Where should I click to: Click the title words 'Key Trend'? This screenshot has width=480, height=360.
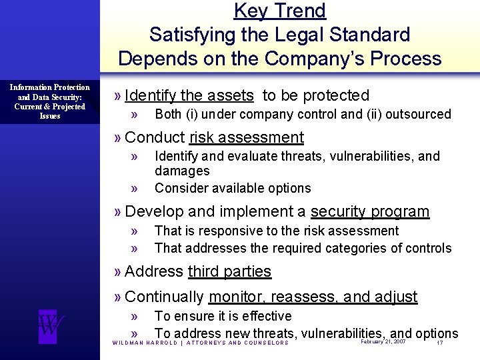280,11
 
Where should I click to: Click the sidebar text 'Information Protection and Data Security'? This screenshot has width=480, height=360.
50,92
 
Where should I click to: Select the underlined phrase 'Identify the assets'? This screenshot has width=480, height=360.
189,95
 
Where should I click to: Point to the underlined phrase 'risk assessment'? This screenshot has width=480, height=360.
247,138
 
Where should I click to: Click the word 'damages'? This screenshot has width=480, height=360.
182,171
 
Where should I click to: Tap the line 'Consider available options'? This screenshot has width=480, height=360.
233,188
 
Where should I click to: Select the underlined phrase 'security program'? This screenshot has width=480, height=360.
370,212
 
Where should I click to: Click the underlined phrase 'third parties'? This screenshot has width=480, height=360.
229,271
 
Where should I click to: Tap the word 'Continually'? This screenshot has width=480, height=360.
164,297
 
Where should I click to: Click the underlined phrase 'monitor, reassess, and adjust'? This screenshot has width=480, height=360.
313,297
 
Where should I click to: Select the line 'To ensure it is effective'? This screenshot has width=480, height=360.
223,316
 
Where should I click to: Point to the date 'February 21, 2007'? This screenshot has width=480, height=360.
383,341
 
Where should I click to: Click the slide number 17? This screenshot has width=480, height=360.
439,343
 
